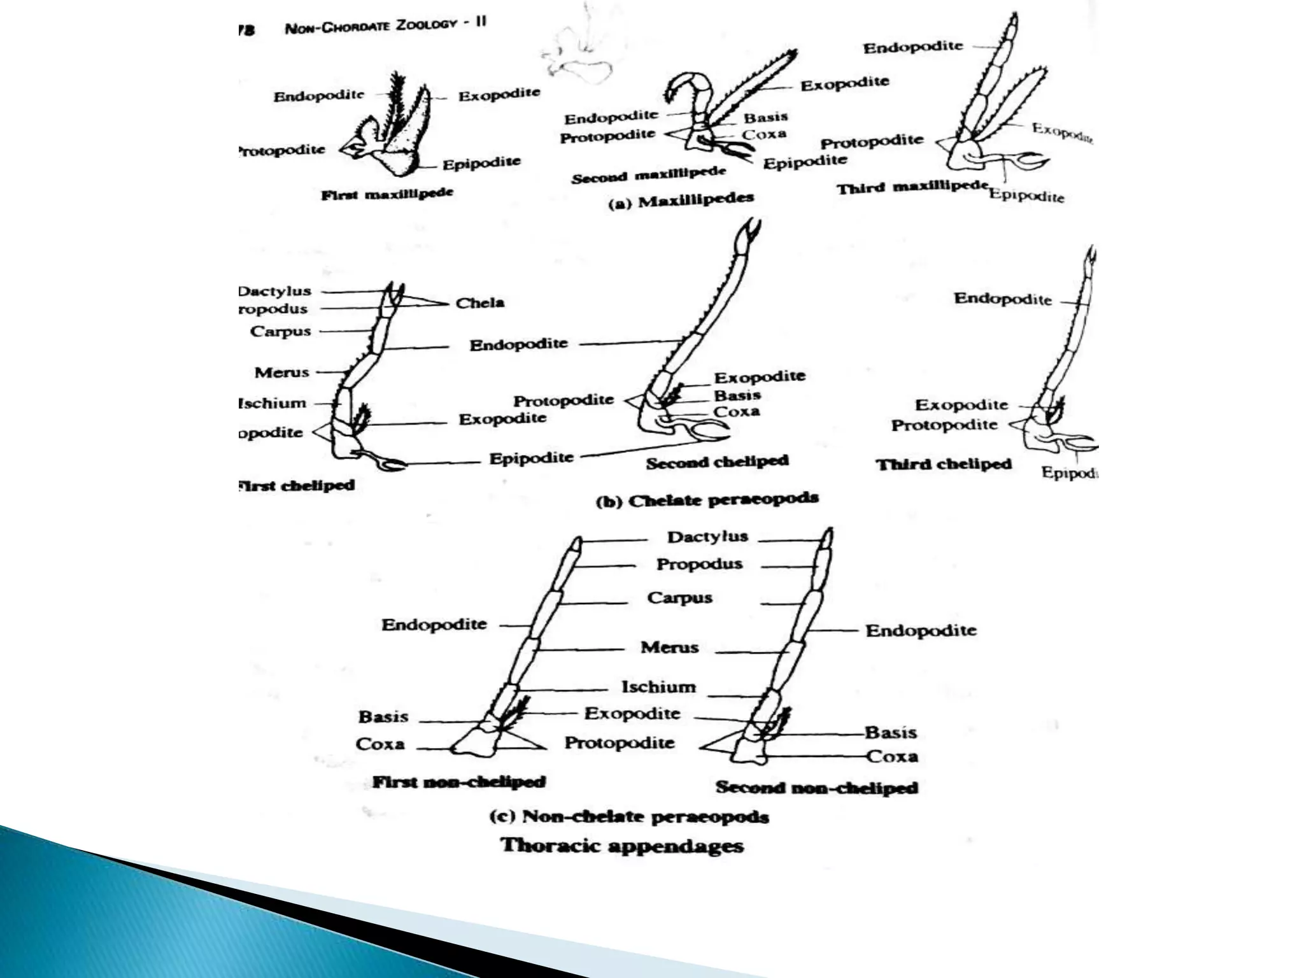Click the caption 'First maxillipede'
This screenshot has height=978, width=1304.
point(387,194)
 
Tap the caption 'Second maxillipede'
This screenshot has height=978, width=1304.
point(648,174)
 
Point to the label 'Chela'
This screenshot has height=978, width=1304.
point(480,303)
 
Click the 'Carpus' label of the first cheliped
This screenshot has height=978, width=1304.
point(280,331)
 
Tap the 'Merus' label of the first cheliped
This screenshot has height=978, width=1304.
point(281,372)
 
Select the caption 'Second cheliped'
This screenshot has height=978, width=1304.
point(717,462)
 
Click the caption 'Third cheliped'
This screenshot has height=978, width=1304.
point(943,464)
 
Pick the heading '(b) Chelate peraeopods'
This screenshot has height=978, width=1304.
point(707,500)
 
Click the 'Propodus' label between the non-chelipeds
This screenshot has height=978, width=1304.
point(699,565)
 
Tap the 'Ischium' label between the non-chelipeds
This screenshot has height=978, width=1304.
point(658,687)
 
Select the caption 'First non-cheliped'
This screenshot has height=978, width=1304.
point(458,782)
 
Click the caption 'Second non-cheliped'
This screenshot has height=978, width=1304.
point(816,788)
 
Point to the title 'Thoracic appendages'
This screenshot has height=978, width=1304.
point(622,846)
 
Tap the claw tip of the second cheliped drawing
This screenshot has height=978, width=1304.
point(751,228)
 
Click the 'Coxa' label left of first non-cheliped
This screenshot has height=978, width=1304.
point(380,744)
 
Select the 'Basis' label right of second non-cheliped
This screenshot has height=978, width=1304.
point(890,733)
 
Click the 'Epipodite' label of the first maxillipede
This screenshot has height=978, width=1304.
point(481,164)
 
